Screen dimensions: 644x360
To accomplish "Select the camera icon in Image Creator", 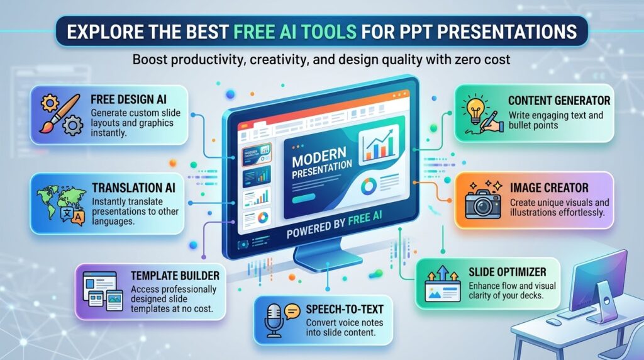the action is click(x=483, y=204).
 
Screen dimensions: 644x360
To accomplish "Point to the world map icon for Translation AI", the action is click(x=55, y=201).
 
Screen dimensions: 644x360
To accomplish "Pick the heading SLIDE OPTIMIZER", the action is click(x=508, y=272).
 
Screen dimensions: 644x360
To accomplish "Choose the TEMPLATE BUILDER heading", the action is click(x=175, y=276).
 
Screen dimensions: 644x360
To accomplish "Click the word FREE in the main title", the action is click(x=255, y=31).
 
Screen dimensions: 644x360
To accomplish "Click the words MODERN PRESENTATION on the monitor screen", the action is click(x=321, y=163).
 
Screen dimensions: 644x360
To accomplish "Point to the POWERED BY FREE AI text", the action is click(x=335, y=225).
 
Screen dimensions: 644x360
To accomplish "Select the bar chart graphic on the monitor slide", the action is click(x=379, y=144).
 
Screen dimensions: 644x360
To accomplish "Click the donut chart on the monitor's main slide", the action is click(x=369, y=186).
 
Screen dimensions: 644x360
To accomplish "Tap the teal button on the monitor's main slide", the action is click(x=304, y=198).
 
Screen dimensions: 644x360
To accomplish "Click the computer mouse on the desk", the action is click(x=553, y=322).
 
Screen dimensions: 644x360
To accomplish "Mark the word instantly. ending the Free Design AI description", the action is click(x=108, y=133).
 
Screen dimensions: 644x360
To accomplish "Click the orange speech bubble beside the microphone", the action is click(x=292, y=312).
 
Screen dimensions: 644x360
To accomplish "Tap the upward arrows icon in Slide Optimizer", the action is click(x=442, y=274).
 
